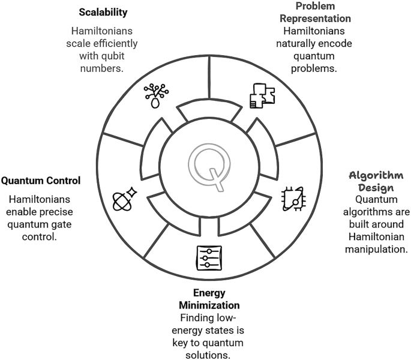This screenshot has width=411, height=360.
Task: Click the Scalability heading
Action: click(103, 11)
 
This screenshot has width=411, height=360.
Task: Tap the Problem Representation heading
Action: click(323, 13)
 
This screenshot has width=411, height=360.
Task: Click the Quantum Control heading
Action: click(41, 181)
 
